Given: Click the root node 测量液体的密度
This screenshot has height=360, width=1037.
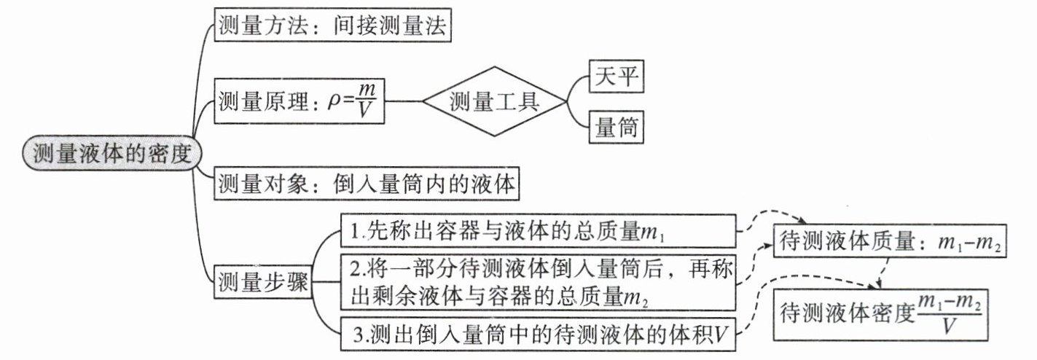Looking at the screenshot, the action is tap(112, 153).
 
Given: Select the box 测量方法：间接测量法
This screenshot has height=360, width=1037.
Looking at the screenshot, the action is tap(332, 25).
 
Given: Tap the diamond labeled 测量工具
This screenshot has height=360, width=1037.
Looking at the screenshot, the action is tap(494, 101).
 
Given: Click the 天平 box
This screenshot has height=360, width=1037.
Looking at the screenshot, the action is tap(617, 76).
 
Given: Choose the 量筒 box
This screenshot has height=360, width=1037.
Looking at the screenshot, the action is tap(617, 126).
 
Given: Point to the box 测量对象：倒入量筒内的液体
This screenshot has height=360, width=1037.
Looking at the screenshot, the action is tap(366, 184).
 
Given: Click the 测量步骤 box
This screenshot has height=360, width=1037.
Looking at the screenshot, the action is tap(263, 281).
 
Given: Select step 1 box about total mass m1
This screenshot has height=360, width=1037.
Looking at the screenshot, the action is tap(538, 231).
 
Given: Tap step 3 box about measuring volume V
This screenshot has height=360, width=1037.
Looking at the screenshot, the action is tap(538, 334).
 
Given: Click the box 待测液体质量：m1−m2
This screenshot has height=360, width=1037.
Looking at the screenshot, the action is tap(890, 241).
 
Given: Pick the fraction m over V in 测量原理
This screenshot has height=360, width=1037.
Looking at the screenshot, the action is tap(366, 101).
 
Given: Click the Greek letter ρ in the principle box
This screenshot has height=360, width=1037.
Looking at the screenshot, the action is tap(334, 102).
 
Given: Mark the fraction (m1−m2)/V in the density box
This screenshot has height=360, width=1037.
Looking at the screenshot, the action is tap(949, 314).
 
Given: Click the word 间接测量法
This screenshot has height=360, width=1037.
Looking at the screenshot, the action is tap(390, 26).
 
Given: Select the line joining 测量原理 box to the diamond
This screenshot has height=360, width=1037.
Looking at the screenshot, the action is tap(403, 101).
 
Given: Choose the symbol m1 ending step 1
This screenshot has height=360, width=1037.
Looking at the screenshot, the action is tap(653, 232).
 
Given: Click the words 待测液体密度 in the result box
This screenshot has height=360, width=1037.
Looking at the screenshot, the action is tap(848, 314).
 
